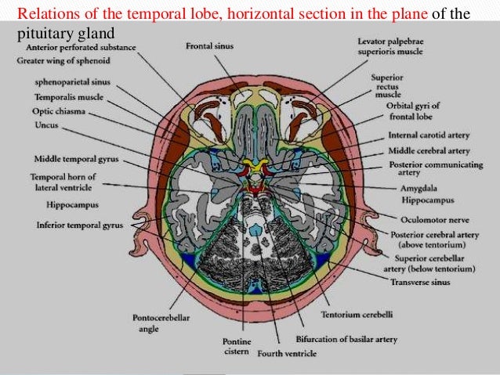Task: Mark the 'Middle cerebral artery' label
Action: click(x=428, y=150)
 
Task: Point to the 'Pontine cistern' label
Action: click(x=234, y=347)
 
